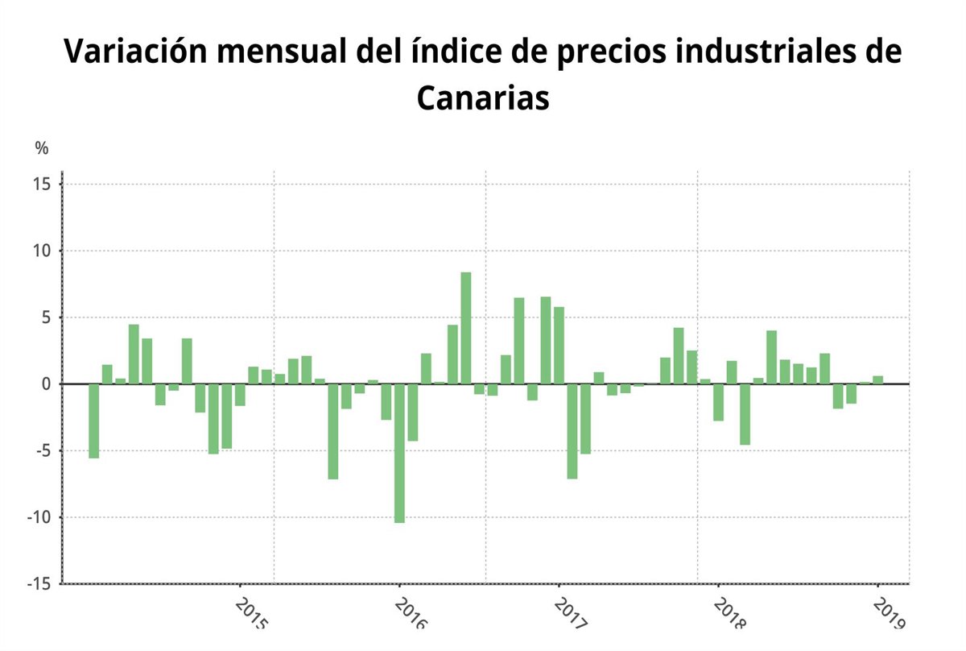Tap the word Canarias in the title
coord(483,98)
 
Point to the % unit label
coord(42,148)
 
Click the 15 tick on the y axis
coord(43,185)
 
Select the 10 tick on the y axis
coord(43,251)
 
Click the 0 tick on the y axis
coord(47,384)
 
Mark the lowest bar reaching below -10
coord(399,453)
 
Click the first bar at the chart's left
coord(93,421)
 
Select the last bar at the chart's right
coord(877,379)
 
